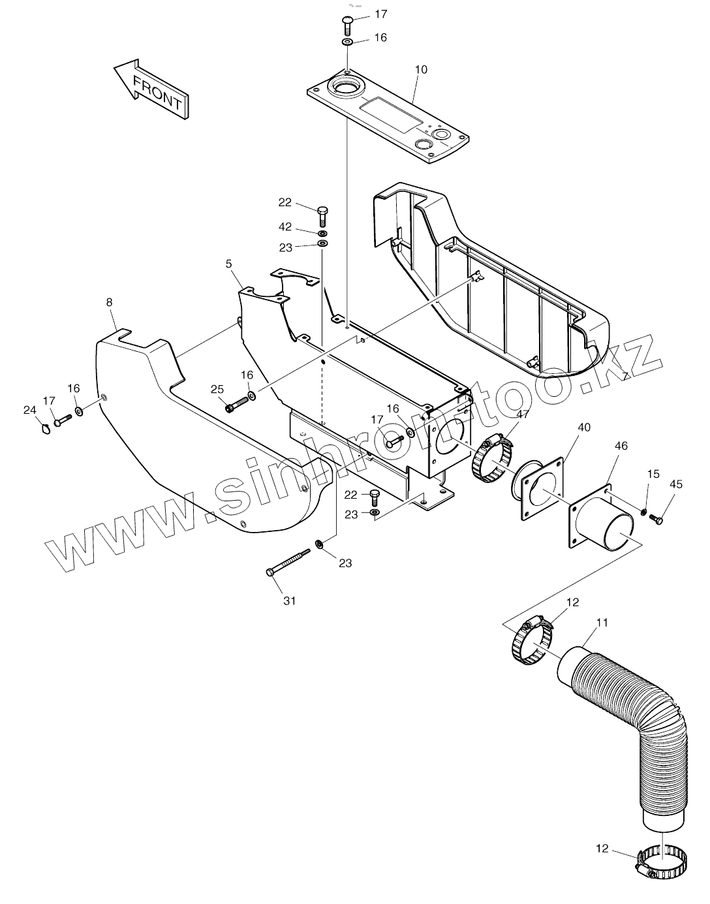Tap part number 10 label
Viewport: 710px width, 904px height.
(x=421, y=70)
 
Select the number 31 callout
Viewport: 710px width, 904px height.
(x=289, y=600)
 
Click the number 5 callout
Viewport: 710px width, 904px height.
(x=229, y=264)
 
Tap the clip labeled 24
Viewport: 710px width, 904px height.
(x=45, y=428)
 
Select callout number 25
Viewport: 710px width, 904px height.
(x=217, y=389)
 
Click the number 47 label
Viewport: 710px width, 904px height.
(x=522, y=413)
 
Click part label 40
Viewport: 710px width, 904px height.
(x=584, y=427)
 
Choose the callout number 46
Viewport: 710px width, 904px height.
(x=621, y=446)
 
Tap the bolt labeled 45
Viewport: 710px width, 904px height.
(x=656, y=520)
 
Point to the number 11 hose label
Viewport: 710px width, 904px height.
(x=602, y=623)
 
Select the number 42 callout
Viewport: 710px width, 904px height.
(x=285, y=227)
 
